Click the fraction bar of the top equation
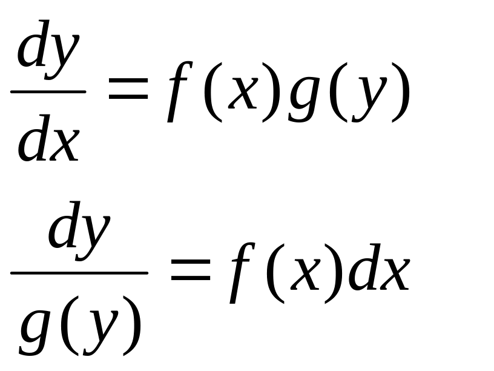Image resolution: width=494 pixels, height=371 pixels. point(48,92)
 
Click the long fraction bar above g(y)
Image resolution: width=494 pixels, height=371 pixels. point(79,273)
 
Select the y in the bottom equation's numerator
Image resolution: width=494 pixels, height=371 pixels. point(96,234)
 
